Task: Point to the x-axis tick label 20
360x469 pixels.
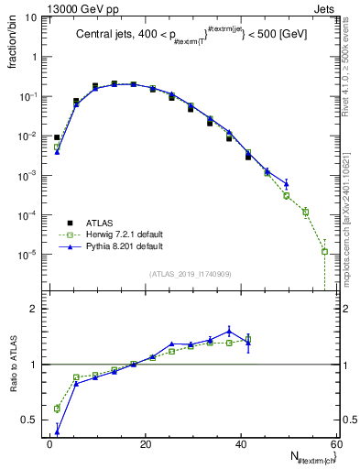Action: pyautogui.click(x=146, y=444)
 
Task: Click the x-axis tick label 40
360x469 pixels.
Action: pyautogui.click(x=241, y=444)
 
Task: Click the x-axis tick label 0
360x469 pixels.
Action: pyautogui.click(x=49, y=444)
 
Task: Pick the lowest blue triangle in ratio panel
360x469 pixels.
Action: pyautogui.click(x=57, y=431)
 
